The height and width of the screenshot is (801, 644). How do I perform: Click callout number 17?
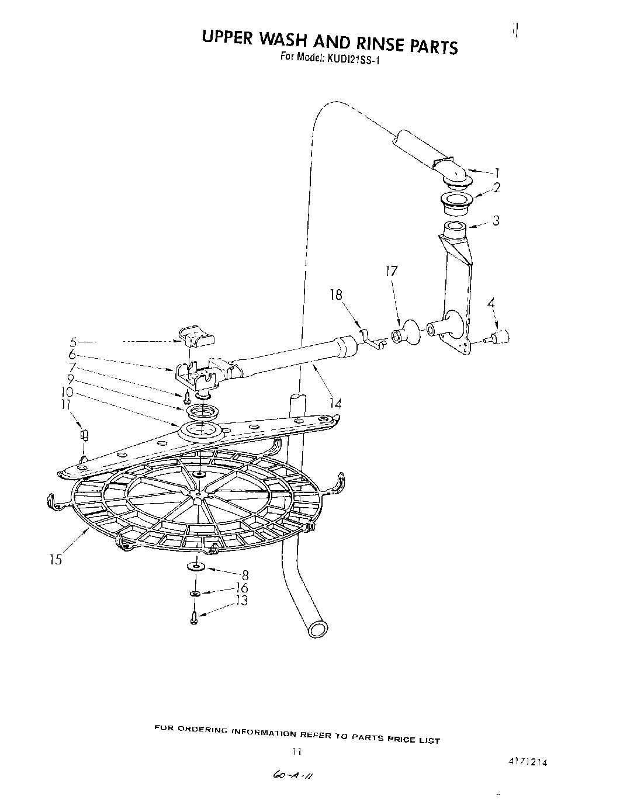391,271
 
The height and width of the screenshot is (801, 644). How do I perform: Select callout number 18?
336,295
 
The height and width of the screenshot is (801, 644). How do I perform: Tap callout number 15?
55,559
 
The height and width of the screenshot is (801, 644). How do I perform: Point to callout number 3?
496,221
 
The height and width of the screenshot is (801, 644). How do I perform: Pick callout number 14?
335,403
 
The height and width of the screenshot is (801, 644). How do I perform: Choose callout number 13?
241,601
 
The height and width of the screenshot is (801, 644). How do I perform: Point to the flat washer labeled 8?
194,566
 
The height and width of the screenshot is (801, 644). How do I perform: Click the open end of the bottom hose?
317,630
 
